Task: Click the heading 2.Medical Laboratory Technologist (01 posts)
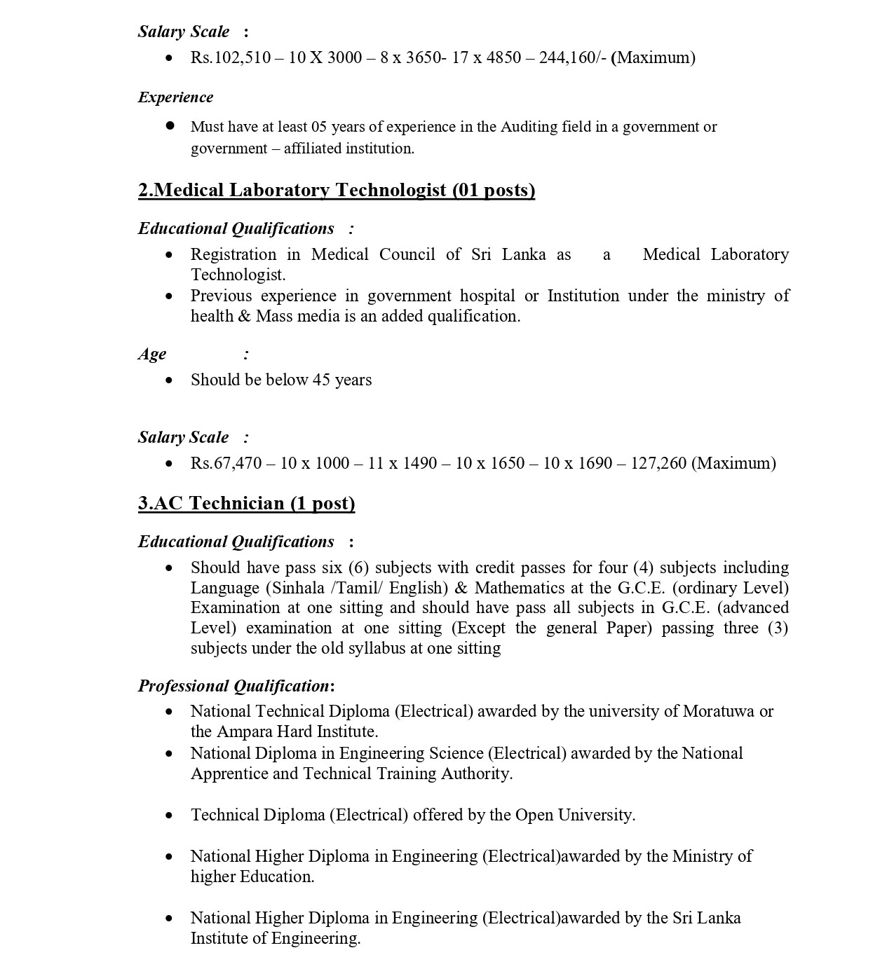(x=337, y=190)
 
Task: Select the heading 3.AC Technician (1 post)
(x=246, y=503)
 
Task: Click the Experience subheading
(x=175, y=97)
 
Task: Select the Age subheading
(x=152, y=354)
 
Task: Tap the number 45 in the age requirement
(x=321, y=380)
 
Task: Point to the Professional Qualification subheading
(x=234, y=685)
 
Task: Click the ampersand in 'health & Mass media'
(x=244, y=316)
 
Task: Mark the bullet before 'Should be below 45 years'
(x=169, y=380)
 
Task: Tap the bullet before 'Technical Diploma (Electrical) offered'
(x=169, y=816)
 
